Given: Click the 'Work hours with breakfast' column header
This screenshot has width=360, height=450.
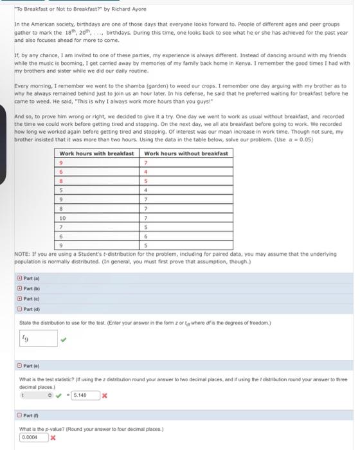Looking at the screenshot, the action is point(96,154).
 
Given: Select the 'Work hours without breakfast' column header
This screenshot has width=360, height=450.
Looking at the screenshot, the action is point(186,154).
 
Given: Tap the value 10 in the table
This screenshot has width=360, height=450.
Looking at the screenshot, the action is point(62,219).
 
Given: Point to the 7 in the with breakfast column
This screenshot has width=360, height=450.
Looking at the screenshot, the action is point(60,227).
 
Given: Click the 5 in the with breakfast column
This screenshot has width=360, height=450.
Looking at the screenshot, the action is point(60,190).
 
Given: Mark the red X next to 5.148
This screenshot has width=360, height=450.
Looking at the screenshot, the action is point(104,395).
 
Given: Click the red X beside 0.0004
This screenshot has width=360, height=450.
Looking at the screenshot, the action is point(53,438).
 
